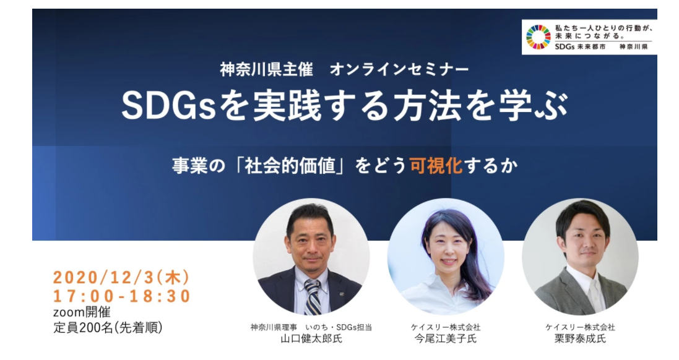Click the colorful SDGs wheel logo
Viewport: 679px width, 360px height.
coord(538,36)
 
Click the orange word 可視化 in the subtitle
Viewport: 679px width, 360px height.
coord(436,166)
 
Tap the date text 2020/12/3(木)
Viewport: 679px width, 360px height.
coord(122,277)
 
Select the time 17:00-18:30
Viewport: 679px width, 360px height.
coord(122,296)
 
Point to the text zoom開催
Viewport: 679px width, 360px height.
coord(82,312)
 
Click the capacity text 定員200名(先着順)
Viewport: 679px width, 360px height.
coord(108,328)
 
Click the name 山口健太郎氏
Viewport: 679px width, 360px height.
coord(311,338)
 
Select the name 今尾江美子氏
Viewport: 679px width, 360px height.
coord(446,338)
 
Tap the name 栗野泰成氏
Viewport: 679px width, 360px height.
coord(580,338)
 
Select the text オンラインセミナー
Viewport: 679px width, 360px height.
coord(399,69)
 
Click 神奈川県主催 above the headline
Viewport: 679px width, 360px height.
coord(266,69)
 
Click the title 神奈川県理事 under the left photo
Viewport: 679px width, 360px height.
coord(274,327)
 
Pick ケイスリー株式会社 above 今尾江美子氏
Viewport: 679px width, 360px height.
coord(446,327)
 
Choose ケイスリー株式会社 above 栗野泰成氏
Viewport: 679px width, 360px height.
coord(580,327)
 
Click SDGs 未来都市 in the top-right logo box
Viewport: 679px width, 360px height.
coord(580,47)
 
